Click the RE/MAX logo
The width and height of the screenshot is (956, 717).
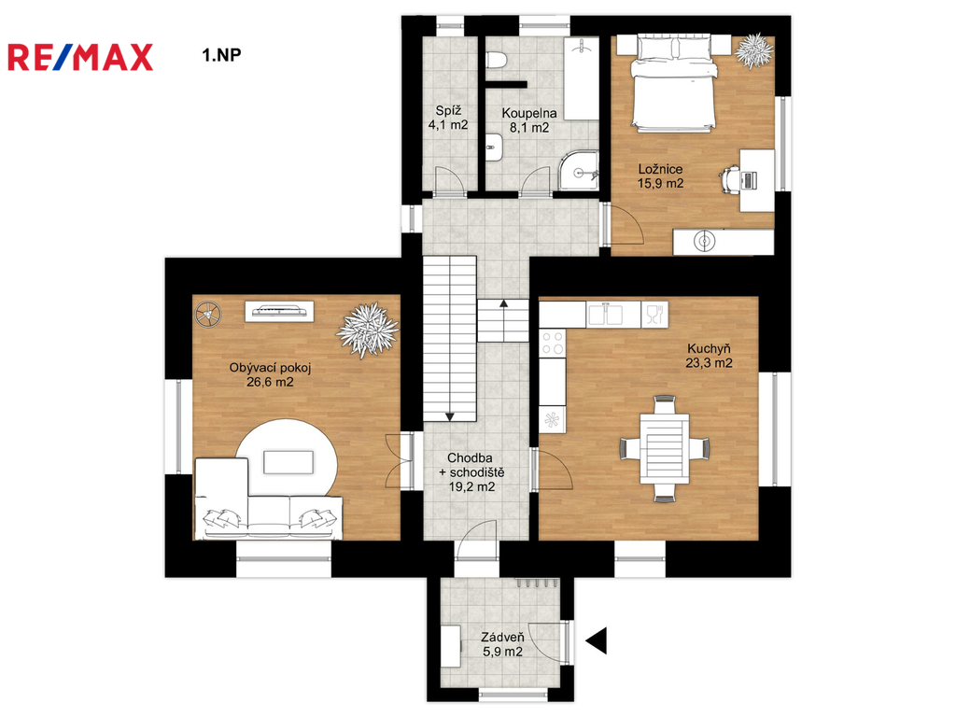[x=80, y=57]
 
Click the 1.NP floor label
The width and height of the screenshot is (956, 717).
[x=222, y=55]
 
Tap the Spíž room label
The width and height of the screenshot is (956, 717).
[x=448, y=111]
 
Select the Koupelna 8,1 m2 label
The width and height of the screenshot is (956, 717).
[x=529, y=120]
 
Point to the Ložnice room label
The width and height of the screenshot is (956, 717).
[x=660, y=169]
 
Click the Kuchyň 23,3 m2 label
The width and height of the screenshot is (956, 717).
[x=710, y=356]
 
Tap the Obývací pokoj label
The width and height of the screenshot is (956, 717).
[x=270, y=368]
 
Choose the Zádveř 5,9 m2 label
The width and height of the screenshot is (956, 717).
[x=502, y=644]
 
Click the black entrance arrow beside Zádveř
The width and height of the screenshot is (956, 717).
[x=597, y=640]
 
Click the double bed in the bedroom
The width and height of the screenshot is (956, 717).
[x=674, y=82]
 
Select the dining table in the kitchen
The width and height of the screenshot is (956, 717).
[x=665, y=448]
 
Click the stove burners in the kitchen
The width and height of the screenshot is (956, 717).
[x=553, y=343]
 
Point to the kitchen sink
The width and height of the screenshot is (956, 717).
[x=605, y=315]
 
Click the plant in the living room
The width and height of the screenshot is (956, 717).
[x=367, y=330]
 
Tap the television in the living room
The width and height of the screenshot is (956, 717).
[x=280, y=311]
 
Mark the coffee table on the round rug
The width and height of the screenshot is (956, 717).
[x=288, y=462]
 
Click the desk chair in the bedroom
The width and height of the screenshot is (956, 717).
[x=730, y=179]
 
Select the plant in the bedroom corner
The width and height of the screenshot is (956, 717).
[x=754, y=50]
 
